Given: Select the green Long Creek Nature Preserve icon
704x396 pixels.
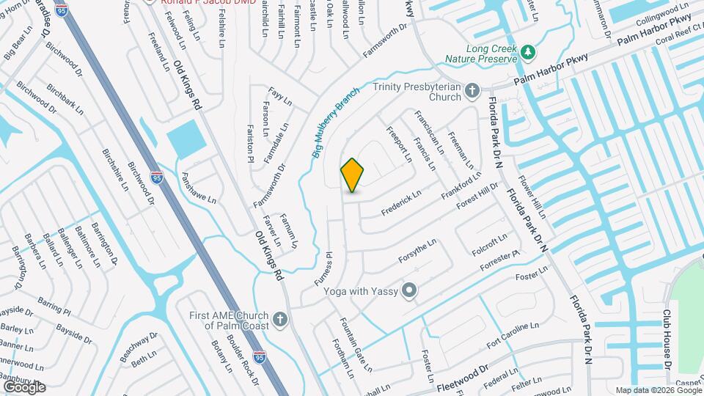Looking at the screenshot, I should coord(528,52).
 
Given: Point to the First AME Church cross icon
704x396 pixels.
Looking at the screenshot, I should coord(279,320).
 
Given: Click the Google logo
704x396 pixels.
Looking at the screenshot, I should coord(25,387).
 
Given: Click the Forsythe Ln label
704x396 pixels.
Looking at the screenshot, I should coord(417,250).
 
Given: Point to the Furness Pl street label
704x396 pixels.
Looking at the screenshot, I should coord(329,268).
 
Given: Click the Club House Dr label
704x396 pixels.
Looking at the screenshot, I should coord(668,337).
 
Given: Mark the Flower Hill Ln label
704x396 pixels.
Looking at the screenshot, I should coord(532,197).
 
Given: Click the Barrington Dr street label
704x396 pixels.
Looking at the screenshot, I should coord(105,242).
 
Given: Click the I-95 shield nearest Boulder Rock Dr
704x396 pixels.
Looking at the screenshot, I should coord(260,357).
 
